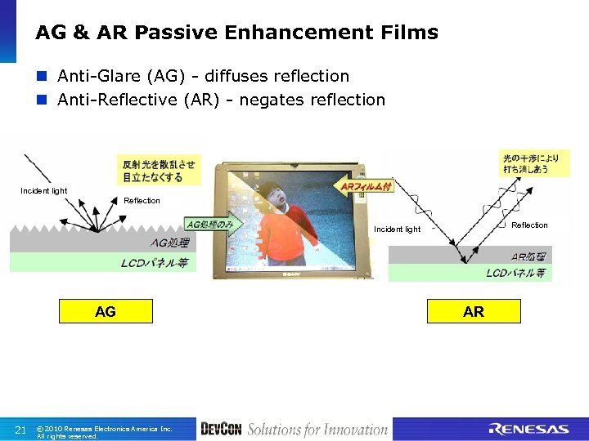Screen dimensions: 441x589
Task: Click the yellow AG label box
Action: (106, 311)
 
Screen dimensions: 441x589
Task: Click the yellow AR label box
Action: (474, 311)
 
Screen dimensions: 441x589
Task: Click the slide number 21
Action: (22, 430)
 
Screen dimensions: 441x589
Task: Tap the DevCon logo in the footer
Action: (221, 430)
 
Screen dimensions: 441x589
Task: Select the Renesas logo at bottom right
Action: (528, 430)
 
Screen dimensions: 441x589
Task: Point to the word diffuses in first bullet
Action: (239, 76)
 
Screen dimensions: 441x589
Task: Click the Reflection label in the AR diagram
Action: (529, 225)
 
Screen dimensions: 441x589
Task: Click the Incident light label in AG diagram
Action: (44, 191)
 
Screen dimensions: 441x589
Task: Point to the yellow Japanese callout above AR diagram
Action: (534, 163)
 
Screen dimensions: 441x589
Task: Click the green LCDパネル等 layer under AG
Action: (102, 263)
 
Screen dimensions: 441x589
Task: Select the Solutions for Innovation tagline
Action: (317, 430)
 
